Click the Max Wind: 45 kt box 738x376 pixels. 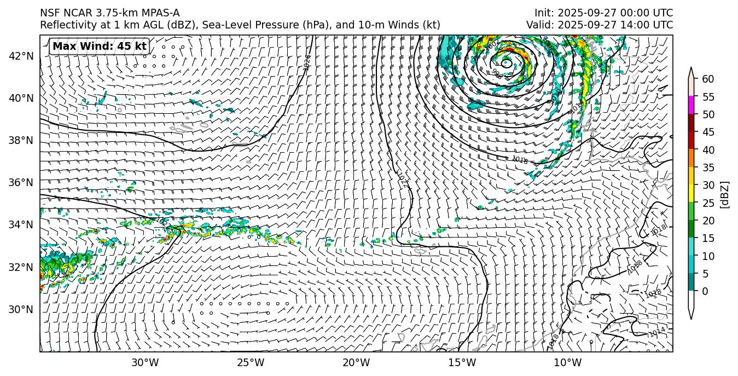point(99,47)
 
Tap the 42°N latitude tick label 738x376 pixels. point(21,56)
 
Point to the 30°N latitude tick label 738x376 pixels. point(21,309)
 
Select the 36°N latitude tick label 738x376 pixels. point(21,182)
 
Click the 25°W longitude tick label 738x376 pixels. point(251,362)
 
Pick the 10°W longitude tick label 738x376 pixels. point(567,362)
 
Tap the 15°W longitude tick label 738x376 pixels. point(462,362)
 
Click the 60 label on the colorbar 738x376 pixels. point(708,79)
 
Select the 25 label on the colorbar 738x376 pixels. point(708,203)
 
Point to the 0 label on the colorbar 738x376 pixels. point(705,291)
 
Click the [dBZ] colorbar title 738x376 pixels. point(725,194)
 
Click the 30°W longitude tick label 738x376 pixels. point(145,362)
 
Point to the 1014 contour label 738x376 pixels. point(657,332)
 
